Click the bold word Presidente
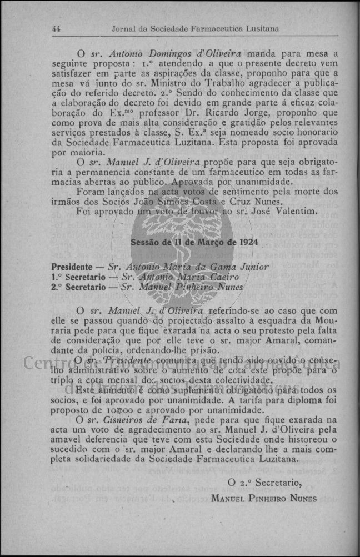pyautogui.click(x=72, y=267)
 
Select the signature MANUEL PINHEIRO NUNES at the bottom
pyautogui.click(x=264, y=498)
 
